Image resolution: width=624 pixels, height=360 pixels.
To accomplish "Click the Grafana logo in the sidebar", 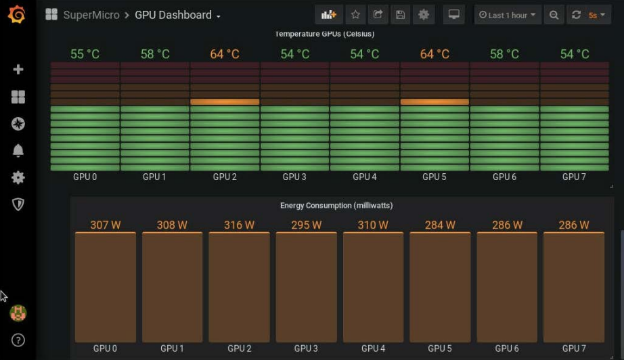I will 18,14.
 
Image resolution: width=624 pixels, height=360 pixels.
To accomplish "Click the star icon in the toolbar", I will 355,15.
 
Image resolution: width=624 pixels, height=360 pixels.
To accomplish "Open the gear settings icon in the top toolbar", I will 424,15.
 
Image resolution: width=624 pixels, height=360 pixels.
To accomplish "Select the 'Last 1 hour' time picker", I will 508,15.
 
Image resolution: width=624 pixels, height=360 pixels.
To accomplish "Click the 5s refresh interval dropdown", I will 596,15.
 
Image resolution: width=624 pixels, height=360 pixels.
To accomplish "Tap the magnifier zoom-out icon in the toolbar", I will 554,15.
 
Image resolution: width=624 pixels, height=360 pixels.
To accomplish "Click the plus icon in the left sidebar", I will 18,69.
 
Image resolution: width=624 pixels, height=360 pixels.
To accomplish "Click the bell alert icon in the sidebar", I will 18,150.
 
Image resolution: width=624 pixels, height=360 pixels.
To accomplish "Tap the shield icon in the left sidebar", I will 18,204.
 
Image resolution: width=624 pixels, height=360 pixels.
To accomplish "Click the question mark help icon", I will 18,340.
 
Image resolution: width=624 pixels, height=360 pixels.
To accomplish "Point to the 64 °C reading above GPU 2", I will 225,54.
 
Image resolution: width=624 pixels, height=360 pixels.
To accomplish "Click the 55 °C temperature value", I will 85,54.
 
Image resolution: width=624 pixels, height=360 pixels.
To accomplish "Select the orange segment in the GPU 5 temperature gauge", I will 434,102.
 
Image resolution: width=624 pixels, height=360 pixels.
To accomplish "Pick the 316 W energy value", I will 239,225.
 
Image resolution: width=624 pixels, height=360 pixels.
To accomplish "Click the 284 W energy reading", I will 440,225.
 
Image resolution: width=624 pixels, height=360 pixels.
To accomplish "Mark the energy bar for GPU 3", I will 306,288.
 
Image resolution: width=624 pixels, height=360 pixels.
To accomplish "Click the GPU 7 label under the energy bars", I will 573,348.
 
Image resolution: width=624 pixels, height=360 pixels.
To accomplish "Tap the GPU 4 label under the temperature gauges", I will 365,177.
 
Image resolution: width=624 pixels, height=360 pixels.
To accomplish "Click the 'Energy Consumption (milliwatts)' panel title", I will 336,205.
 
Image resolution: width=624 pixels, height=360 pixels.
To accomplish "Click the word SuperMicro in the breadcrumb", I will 91,15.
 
